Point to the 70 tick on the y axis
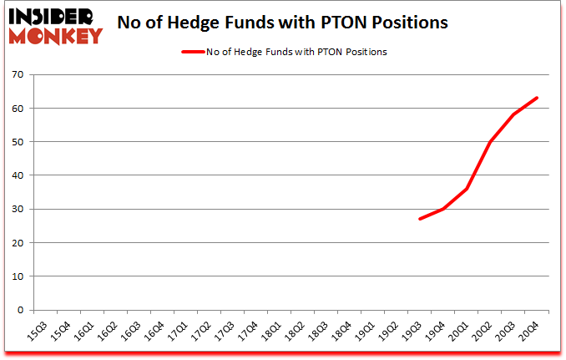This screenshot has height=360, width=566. pyautogui.click(x=18, y=75)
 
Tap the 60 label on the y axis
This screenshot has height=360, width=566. pyautogui.click(x=18, y=109)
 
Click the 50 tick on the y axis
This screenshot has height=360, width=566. pyautogui.click(x=18, y=142)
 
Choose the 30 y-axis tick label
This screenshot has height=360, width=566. pyautogui.click(x=18, y=210)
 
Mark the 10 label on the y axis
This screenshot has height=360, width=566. pyautogui.click(x=18, y=276)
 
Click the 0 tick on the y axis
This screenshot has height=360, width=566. pyautogui.click(x=21, y=310)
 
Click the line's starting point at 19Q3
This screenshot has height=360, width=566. pyautogui.click(x=420, y=219)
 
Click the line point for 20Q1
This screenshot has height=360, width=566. pyautogui.click(x=467, y=189)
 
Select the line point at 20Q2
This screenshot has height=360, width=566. pyautogui.click(x=490, y=142)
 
